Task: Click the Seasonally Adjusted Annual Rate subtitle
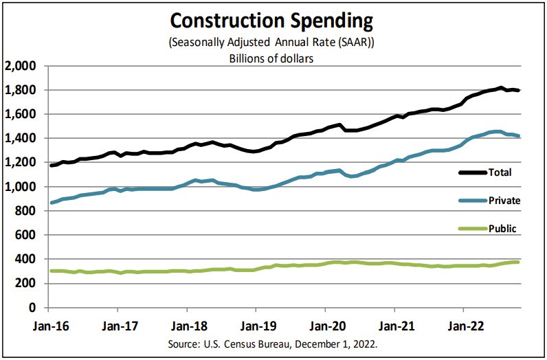click(x=273, y=43)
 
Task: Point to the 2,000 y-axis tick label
click(x=20, y=66)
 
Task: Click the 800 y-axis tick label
click(x=25, y=211)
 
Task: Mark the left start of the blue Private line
click(x=50, y=203)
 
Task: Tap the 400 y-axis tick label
click(x=25, y=259)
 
